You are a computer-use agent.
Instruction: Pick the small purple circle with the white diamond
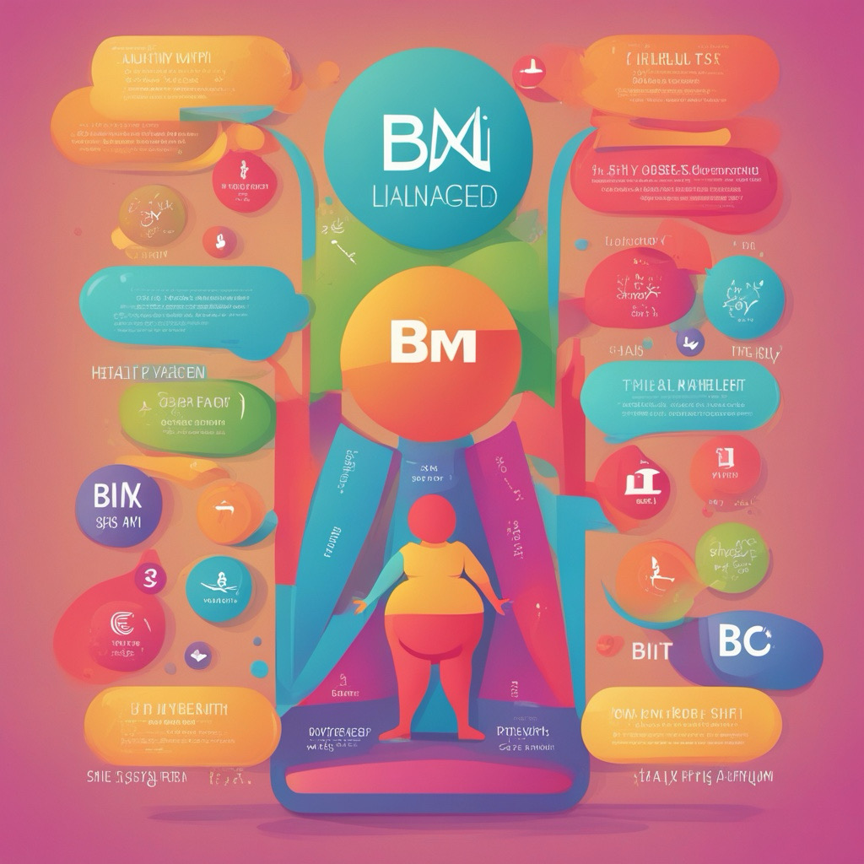point(200,653)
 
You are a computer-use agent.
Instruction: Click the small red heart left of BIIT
point(606,645)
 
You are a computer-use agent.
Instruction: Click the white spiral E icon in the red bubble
point(123,626)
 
